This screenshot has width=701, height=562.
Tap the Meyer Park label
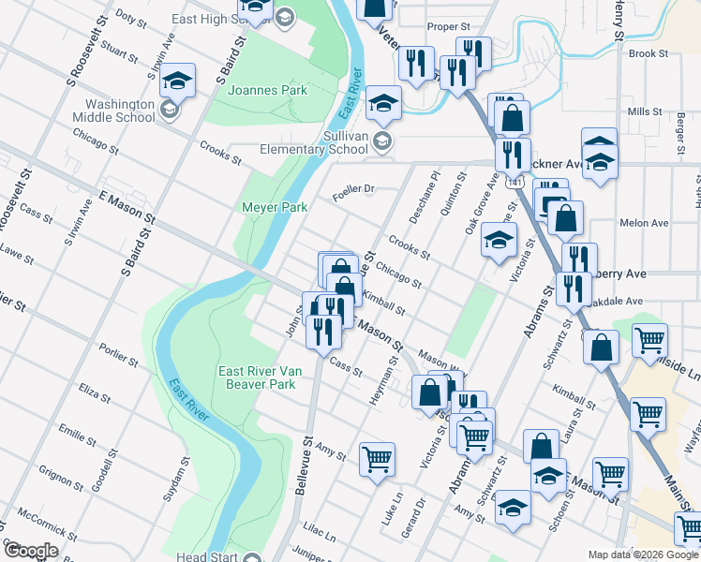(275, 207)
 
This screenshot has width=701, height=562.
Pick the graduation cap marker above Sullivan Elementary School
(383, 105)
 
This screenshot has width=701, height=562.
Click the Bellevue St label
(306, 460)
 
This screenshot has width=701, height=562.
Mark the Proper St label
(446, 27)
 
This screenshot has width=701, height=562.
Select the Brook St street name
(648, 54)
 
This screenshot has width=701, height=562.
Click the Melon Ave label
(644, 223)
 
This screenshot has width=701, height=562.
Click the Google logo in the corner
(31, 551)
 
